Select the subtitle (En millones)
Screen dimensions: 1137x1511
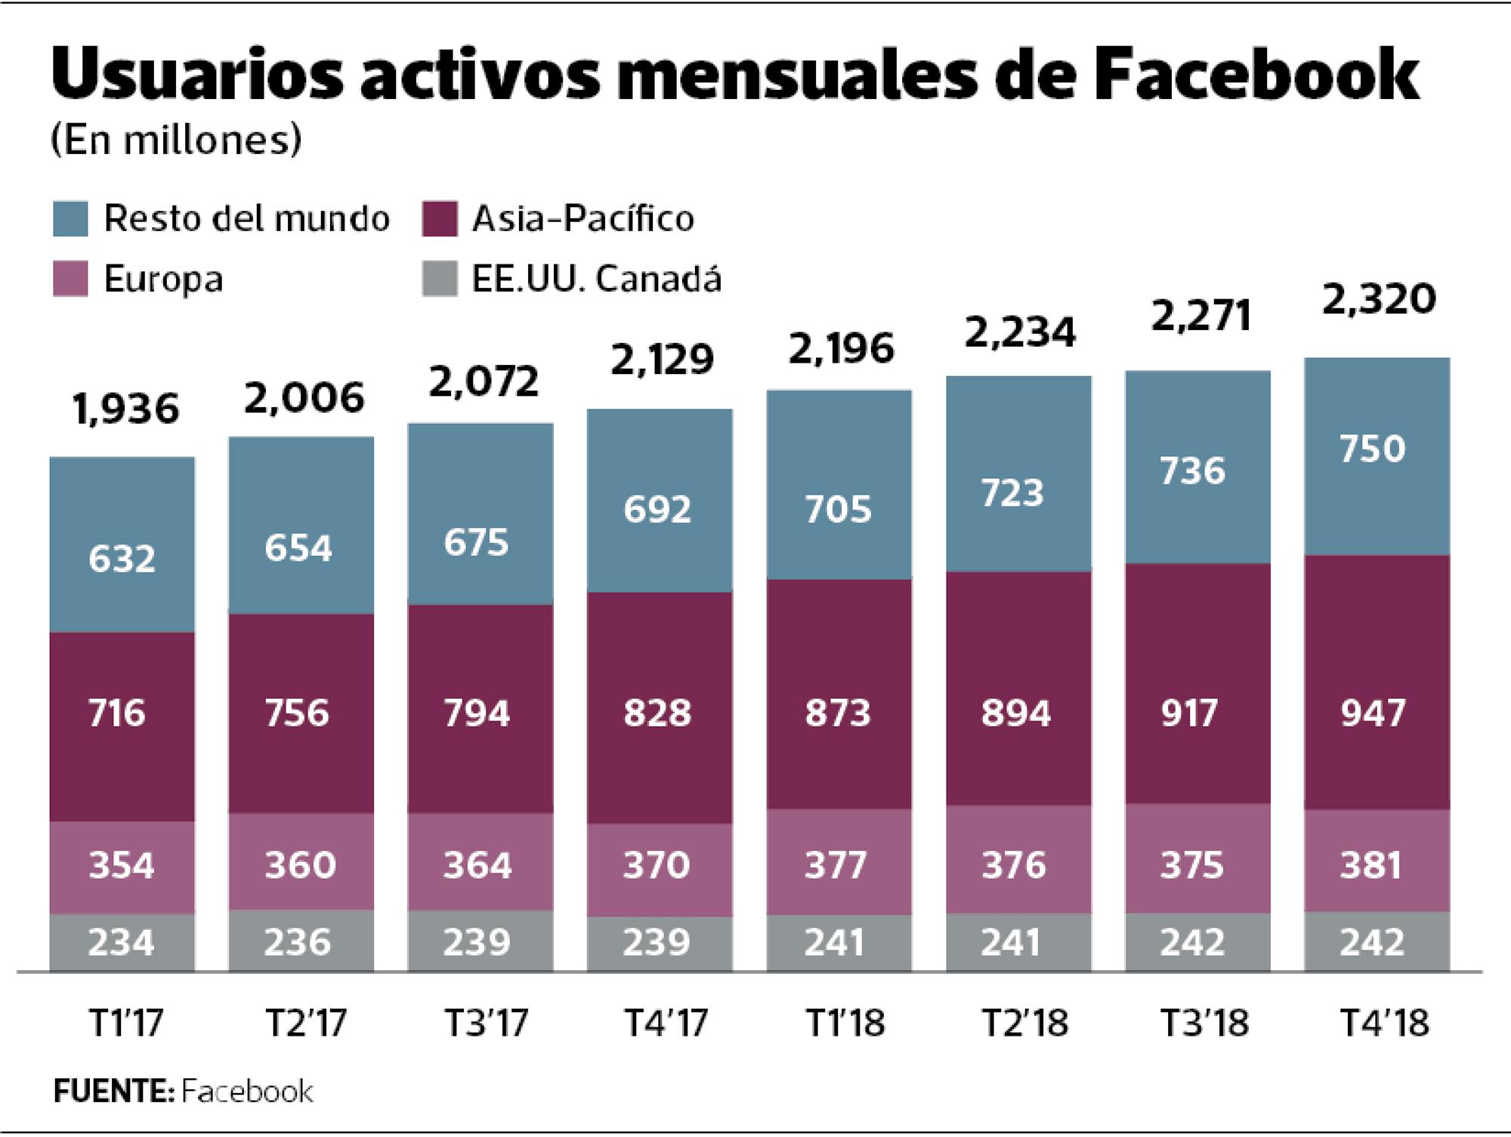pos(176,141)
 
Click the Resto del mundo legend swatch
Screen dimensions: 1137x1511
pos(70,219)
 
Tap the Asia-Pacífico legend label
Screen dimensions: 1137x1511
pos(582,219)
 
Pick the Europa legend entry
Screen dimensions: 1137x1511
pos(162,280)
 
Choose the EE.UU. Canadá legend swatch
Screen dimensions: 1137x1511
pos(439,279)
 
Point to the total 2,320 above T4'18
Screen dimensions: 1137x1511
pos(1379,299)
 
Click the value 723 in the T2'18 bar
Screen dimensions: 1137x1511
pos(1012,493)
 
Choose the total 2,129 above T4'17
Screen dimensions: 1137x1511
pos(661,360)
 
